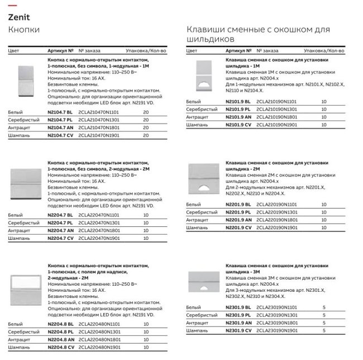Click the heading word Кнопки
pos(23,29)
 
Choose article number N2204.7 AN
pos(60,230)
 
